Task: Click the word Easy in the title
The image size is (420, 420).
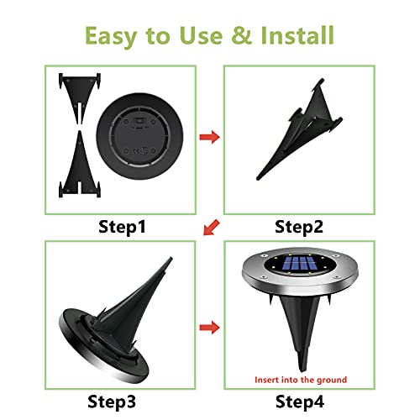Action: click(x=111, y=36)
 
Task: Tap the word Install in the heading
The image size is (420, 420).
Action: click(x=297, y=35)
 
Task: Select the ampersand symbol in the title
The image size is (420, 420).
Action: click(x=242, y=35)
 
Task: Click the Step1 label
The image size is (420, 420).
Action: click(x=122, y=227)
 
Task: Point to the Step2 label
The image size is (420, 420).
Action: click(x=299, y=227)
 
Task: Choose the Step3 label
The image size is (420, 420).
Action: click(x=112, y=402)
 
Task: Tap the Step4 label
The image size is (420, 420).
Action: click(x=300, y=402)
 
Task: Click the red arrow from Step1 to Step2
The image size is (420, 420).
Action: click(x=209, y=137)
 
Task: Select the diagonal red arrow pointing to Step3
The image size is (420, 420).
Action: click(x=212, y=227)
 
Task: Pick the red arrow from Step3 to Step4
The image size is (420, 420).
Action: click(x=209, y=328)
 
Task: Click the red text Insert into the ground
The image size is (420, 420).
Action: click(x=301, y=380)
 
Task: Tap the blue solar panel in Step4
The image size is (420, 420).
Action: click(x=300, y=264)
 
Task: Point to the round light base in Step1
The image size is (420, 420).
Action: click(x=139, y=136)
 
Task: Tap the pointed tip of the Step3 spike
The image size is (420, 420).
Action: click(x=171, y=258)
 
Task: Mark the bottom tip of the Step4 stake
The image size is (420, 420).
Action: click(x=302, y=371)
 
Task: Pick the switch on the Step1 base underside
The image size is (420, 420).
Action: click(x=139, y=121)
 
